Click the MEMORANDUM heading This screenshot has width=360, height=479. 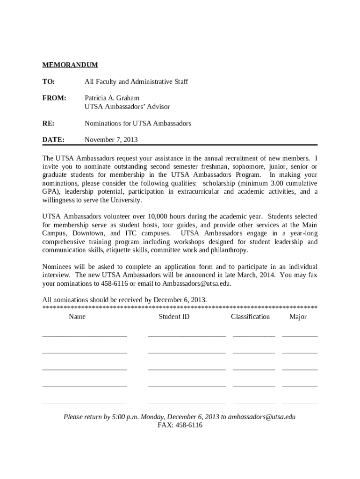coord(70,65)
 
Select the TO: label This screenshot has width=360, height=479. coord(49,82)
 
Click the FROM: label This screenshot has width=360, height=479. coord(54,99)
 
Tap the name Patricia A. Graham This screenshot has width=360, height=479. coord(112,99)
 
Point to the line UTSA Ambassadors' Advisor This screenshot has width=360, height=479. coord(127,107)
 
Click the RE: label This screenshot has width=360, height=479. coord(48,123)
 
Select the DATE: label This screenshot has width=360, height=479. coord(53,140)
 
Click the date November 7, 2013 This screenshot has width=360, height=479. coord(111,140)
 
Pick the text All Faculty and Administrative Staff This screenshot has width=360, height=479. coord(136,82)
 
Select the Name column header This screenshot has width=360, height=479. coord(77,317)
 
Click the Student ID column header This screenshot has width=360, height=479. coord(174,317)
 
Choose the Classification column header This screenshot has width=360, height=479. coord(250,317)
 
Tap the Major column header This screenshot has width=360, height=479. coord(298,317)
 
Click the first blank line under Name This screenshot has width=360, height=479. coord(85,335)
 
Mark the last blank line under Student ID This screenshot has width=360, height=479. coord(187,401)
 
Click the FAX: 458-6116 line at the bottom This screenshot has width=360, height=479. coord(180,426)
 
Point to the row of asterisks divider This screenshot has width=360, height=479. coord(180,308)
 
